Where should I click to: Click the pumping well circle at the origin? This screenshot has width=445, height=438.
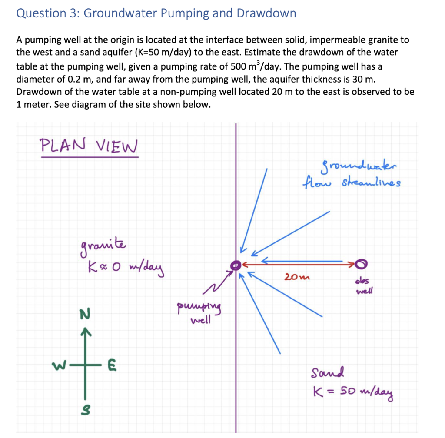[x=235, y=265]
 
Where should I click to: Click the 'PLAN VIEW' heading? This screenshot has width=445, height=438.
[x=89, y=145]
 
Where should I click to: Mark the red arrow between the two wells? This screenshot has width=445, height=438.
[x=300, y=264]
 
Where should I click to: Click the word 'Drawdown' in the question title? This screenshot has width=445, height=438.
[x=266, y=13]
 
